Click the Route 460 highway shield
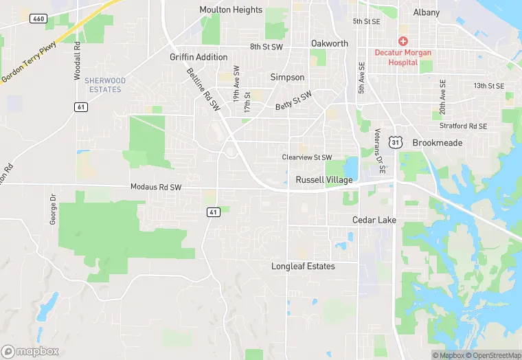39,18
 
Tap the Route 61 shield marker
81,106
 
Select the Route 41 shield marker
213,212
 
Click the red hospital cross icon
403,41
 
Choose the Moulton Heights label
231,10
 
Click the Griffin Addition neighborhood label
198,57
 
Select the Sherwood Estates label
104,85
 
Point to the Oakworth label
330,43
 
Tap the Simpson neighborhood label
287,77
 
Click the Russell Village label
324,180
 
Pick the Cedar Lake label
374,220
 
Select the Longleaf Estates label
303,266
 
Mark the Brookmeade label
438,143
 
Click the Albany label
427,12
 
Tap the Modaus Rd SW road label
156,187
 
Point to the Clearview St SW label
307,157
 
